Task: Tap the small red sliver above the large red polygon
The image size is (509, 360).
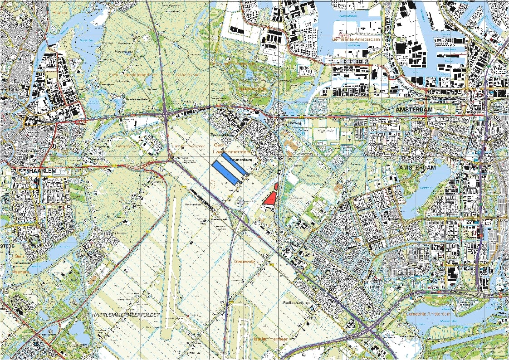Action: (x=276, y=185)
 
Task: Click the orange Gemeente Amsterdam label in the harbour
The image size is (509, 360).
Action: (x=355, y=39)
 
